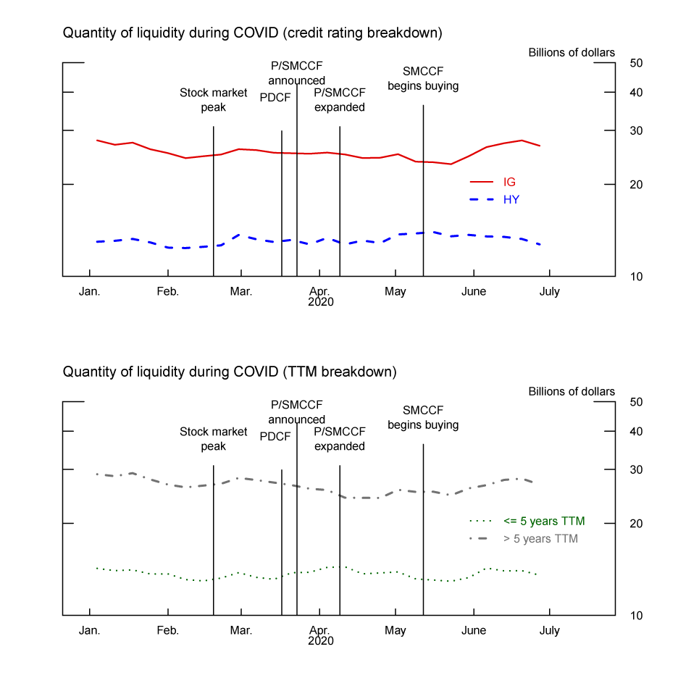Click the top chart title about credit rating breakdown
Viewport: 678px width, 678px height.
click(252, 33)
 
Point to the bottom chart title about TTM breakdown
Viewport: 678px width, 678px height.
click(230, 372)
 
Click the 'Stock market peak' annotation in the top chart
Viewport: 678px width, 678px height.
click(214, 100)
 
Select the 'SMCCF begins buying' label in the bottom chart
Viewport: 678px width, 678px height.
click(423, 417)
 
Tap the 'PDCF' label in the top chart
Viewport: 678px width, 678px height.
click(275, 99)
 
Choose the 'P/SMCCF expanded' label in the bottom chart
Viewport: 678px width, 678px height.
click(339, 439)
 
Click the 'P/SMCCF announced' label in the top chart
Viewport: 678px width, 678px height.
click(296, 73)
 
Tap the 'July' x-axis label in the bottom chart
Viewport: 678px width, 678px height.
click(550, 630)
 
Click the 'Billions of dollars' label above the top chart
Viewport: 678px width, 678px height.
click(572, 52)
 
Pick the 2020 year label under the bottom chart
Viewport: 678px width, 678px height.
click(320, 641)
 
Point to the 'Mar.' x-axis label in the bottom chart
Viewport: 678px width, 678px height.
click(240, 630)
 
